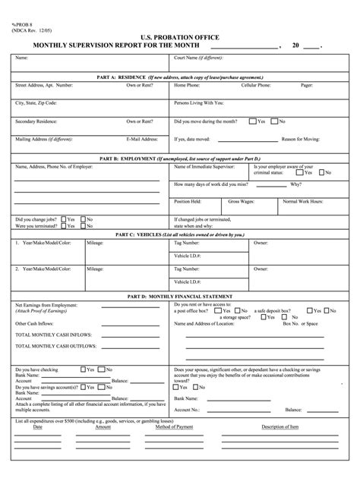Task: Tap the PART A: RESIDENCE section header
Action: pos(179,77)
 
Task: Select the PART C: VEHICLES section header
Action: pos(179,234)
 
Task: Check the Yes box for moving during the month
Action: pos(254,121)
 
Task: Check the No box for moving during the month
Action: pos(275,121)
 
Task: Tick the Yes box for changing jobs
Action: pos(63,219)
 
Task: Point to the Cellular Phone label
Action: pos(256,85)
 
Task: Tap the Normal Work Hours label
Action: pos(302,202)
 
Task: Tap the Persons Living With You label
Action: pos(199,102)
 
